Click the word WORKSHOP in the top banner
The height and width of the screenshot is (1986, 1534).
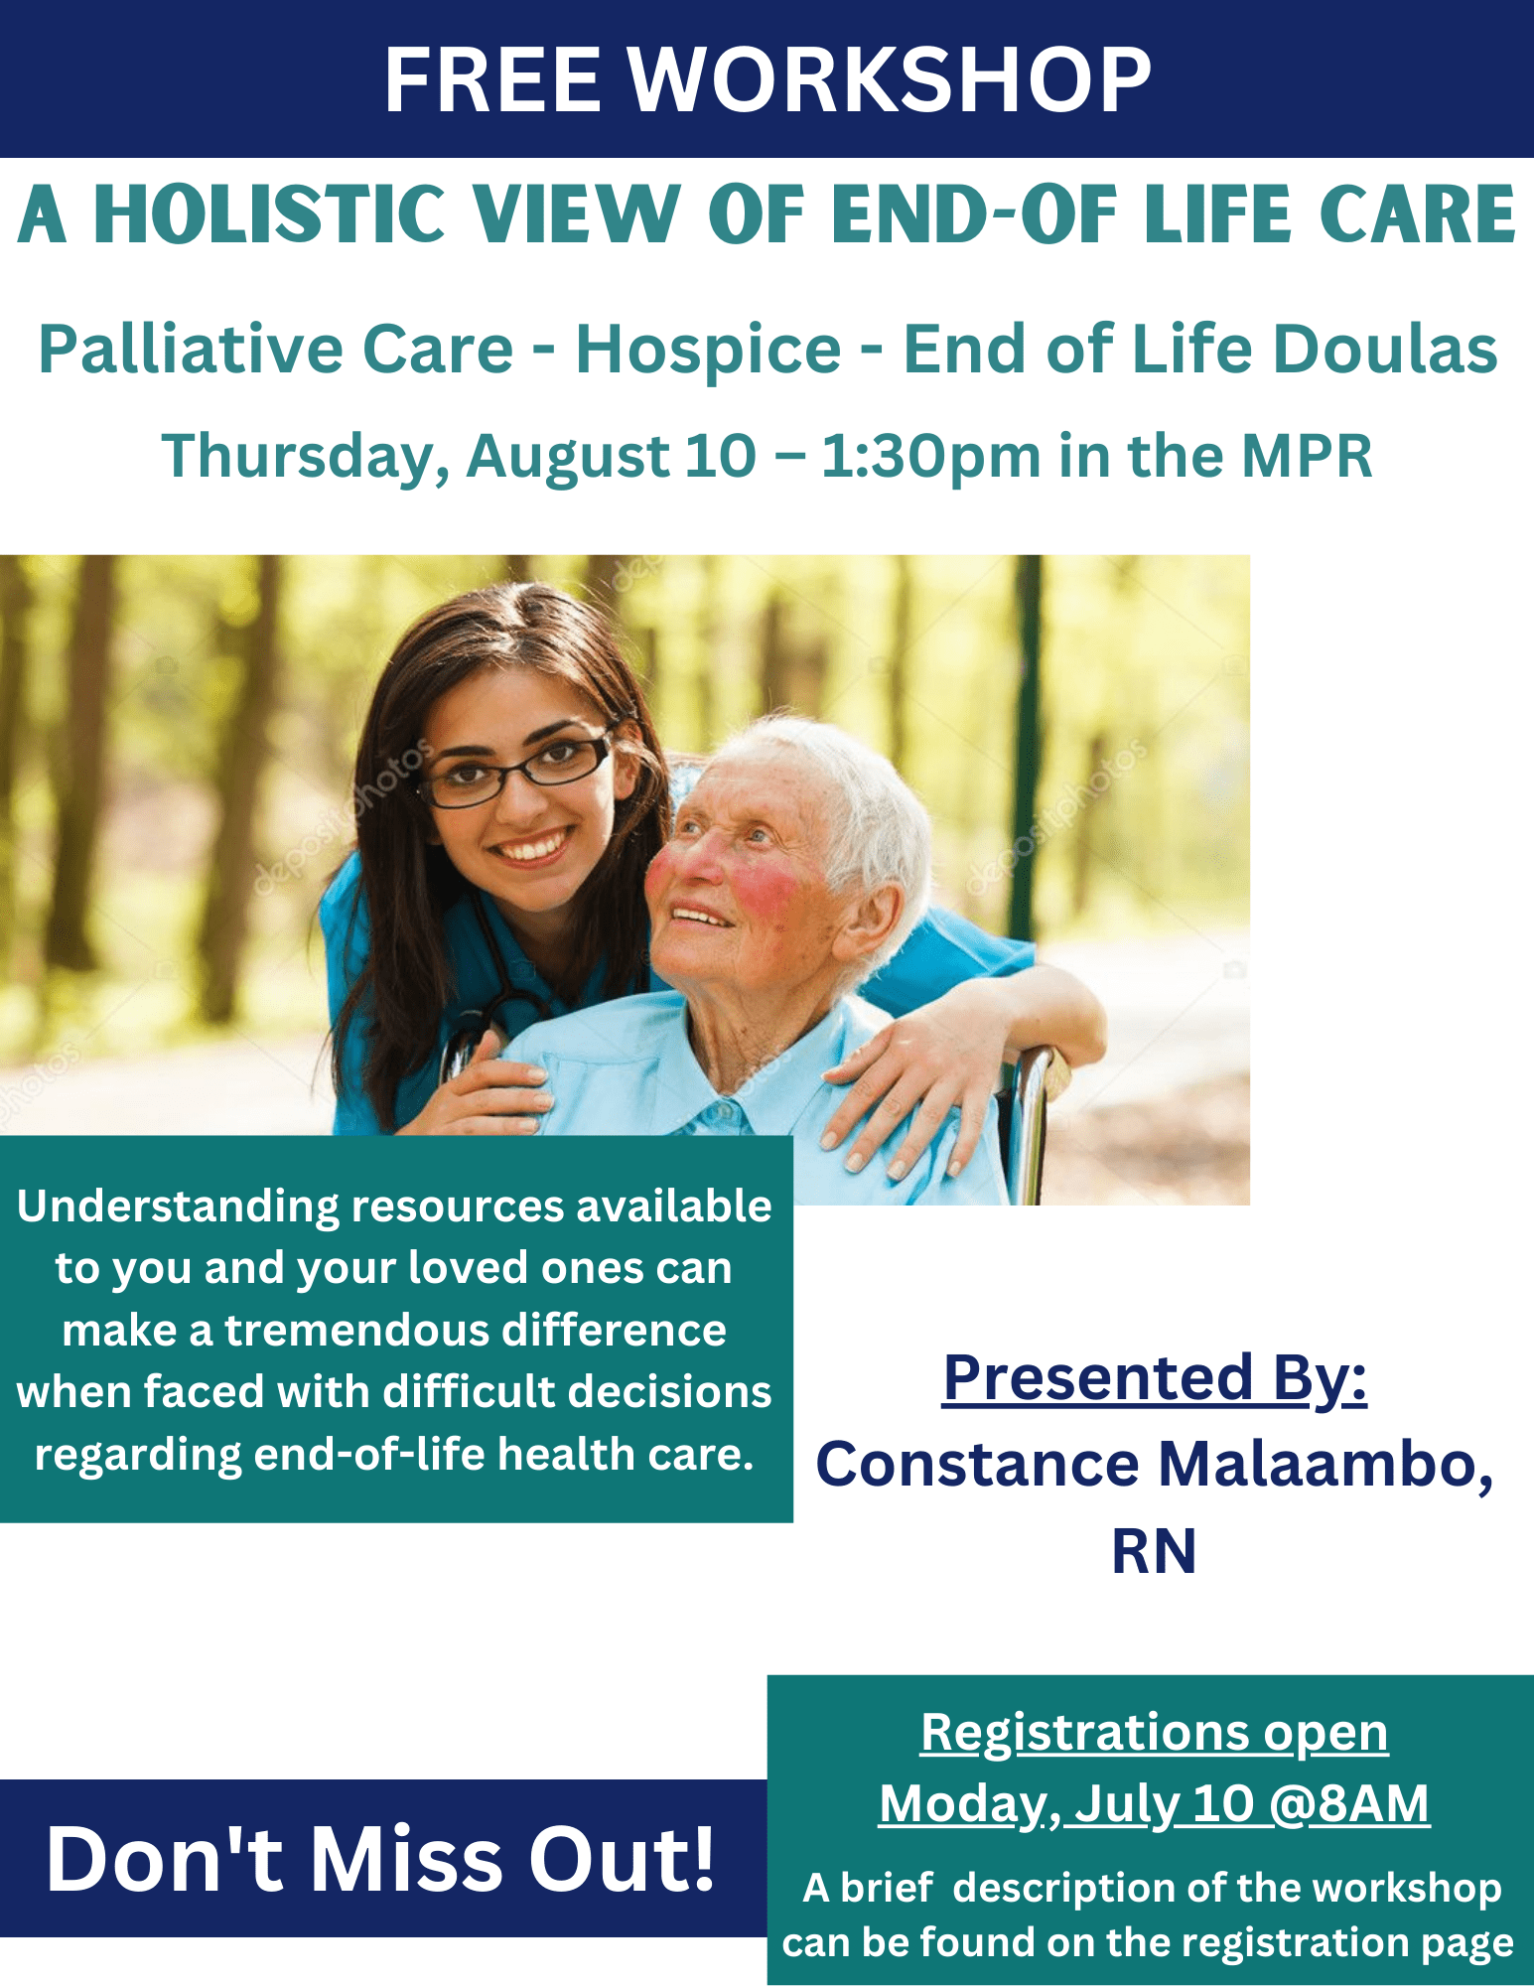(x=890, y=79)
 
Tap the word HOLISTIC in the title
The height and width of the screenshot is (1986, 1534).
(x=269, y=214)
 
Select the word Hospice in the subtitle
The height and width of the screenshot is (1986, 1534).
(x=709, y=352)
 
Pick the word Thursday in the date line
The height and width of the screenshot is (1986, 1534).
(x=299, y=457)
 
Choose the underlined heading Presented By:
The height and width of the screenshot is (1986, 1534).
(x=1155, y=1379)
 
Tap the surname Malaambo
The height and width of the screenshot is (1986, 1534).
(x=1325, y=1465)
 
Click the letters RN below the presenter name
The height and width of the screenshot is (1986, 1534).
(x=1154, y=1551)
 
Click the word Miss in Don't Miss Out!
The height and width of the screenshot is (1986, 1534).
(x=406, y=1859)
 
